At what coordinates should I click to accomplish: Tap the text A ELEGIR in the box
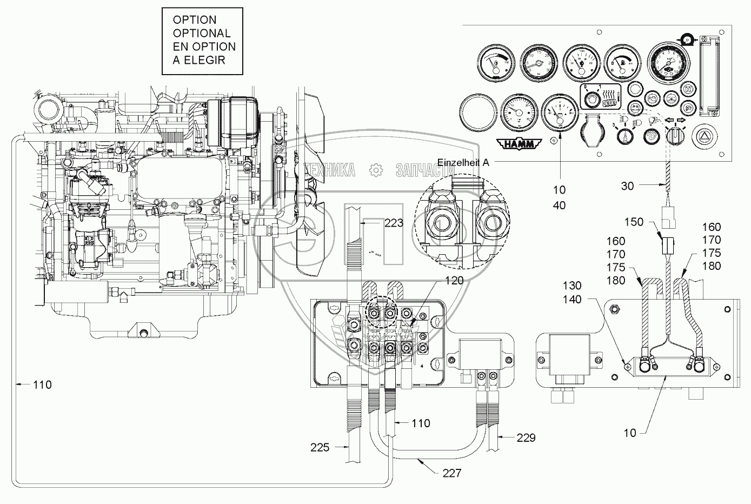[199, 60]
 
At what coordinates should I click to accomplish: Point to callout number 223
[393, 223]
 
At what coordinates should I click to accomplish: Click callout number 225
[321, 447]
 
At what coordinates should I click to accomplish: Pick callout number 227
[451, 473]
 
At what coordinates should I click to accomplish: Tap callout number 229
[524, 437]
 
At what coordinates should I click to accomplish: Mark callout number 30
[627, 185]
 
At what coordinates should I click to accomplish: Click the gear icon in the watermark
[375, 171]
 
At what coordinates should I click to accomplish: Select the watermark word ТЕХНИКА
[329, 171]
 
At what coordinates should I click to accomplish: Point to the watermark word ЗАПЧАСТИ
[424, 171]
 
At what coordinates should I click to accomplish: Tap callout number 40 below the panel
[559, 206]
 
